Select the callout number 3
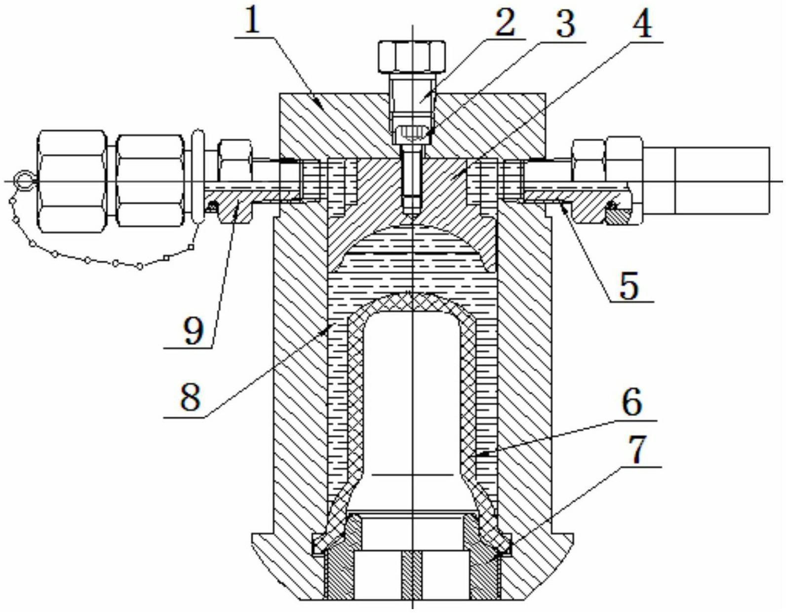566,22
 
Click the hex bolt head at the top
412,57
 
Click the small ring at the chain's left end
23,180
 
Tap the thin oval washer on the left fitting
197,176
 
